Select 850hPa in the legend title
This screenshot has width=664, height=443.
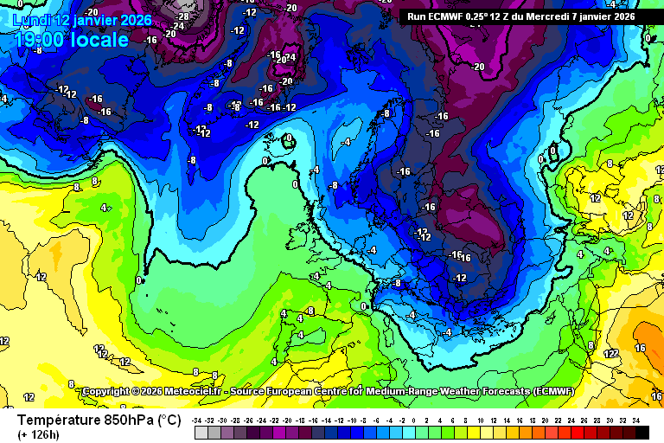click(x=127, y=420)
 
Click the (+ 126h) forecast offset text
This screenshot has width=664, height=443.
click(x=39, y=435)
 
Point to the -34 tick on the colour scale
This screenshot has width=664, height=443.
click(x=198, y=420)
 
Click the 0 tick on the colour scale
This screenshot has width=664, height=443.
click(x=415, y=420)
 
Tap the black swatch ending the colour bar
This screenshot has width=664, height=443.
click(x=641, y=431)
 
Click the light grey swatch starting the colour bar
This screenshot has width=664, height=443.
click(x=201, y=431)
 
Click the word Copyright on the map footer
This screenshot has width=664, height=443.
click(x=109, y=392)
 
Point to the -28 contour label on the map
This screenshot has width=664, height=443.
click(x=182, y=16)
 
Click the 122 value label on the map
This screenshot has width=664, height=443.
click(x=610, y=353)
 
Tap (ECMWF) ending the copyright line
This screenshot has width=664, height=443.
click(x=562, y=392)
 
